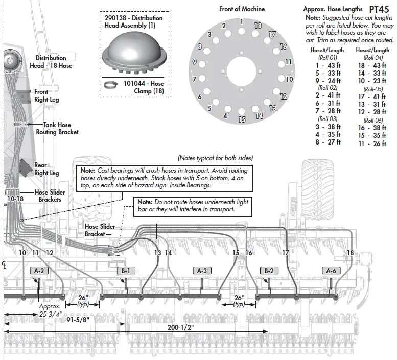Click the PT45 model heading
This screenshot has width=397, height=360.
[379, 9]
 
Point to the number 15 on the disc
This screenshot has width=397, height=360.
[242, 119]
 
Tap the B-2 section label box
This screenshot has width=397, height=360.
[268, 270]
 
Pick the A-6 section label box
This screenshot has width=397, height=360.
[331, 270]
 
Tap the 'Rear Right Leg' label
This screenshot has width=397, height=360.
[46, 169]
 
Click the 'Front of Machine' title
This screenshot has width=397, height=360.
[242, 9]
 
